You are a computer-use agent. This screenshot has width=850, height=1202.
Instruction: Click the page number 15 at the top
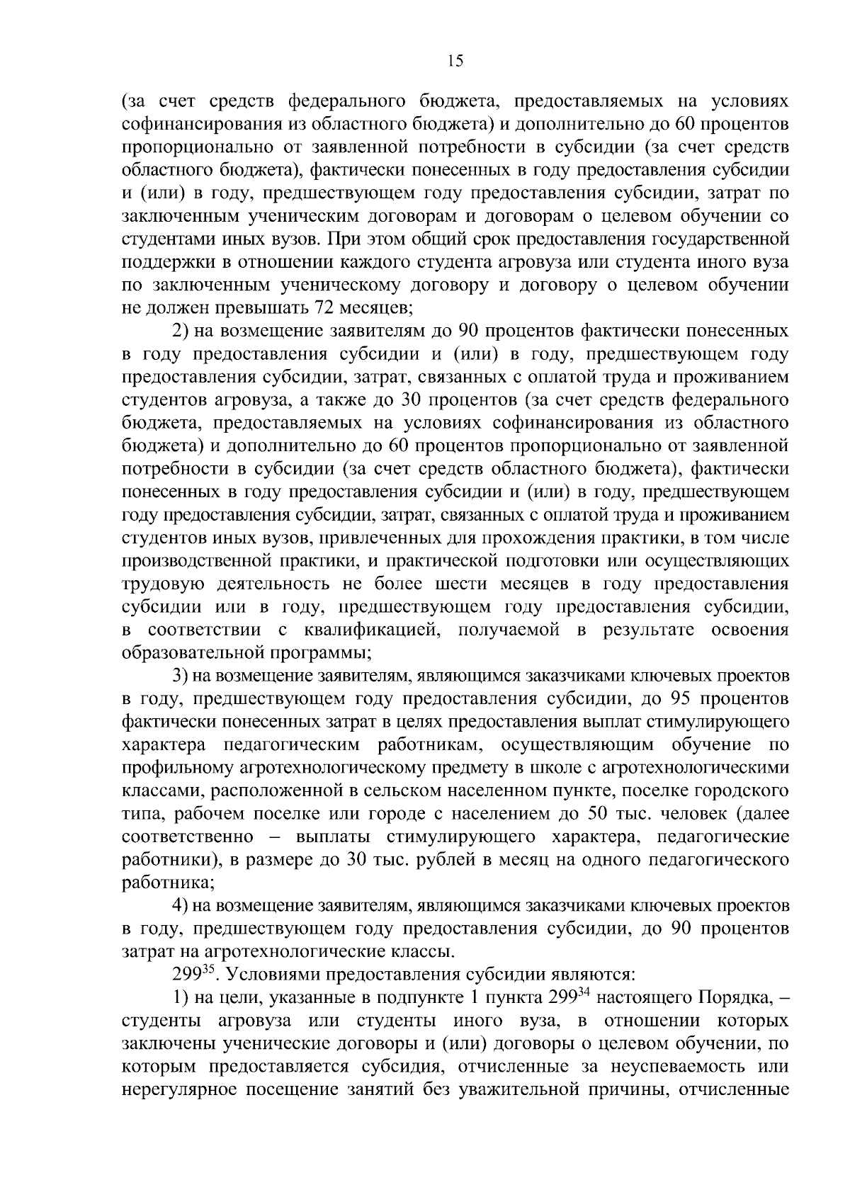(x=455, y=61)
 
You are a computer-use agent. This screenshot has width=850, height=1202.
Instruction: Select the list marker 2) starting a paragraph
(x=180, y=331)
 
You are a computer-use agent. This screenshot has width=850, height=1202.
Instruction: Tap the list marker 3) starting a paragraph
(x=180, y=676)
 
